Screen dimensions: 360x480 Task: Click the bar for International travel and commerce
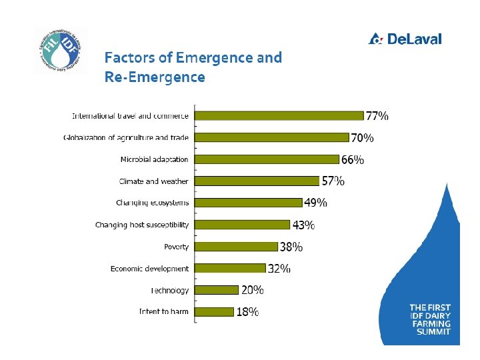point(279,116)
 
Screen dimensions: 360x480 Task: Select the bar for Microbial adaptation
point(267,159)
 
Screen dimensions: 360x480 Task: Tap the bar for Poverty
point(236,247)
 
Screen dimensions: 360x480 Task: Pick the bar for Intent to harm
point(214,311)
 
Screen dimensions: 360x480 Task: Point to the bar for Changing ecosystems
point(248,203)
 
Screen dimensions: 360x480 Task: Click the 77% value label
point(377,116)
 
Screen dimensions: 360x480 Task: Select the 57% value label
point(333,181)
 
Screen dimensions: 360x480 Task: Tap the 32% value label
point(279,269)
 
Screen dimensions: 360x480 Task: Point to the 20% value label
point(252,290)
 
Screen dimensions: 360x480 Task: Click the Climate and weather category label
point(153,181)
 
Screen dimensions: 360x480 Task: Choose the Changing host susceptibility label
point(141,225)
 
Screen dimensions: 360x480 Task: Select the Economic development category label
point(149,269)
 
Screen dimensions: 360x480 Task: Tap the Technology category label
point(169,291)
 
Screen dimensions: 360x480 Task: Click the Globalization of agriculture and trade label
point(126,138)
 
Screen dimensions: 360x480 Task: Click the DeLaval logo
point(405,39)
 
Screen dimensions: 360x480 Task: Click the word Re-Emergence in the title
point(155,77)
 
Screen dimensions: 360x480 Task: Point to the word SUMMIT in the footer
point(433,331)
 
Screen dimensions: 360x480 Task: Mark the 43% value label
point(304,225)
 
